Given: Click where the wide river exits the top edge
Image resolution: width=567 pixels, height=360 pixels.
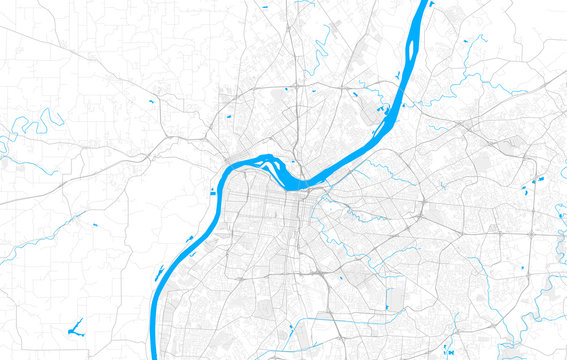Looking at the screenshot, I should tap(424, 4).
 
